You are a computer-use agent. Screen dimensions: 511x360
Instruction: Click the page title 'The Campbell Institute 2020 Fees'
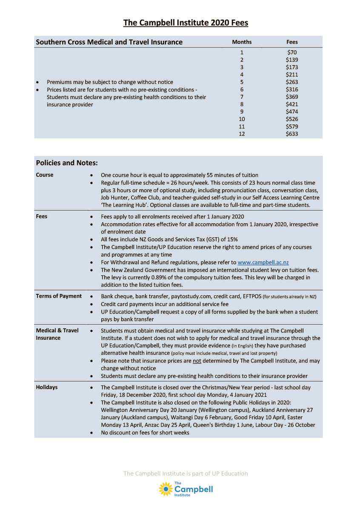pos(186,23)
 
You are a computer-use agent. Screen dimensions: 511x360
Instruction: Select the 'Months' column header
pos(242,42)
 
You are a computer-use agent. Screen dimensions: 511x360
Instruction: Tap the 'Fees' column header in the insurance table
pos(292,42)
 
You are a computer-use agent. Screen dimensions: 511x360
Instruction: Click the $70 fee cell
pos(292,52)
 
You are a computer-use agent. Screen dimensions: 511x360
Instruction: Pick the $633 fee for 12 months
pos(292,134)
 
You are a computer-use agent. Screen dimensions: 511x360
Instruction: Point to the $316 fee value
pos(292,89)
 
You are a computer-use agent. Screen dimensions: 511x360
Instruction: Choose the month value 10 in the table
pos(242,119)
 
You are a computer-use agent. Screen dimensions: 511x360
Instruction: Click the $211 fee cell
pos(292,75)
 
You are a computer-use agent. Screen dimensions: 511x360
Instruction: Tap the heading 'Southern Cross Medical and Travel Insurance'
pos(109,42)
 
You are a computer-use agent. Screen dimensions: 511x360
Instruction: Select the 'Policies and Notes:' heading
pos(67,163)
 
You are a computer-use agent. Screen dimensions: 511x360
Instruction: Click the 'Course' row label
pos(45,175)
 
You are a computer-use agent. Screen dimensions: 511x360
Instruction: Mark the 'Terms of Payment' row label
pos(59,296)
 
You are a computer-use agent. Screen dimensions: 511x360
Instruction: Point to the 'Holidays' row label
pos(47,388)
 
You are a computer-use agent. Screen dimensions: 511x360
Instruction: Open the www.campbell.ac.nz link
pos(263,263)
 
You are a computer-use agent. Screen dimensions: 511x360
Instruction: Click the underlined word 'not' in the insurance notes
pos(197,361)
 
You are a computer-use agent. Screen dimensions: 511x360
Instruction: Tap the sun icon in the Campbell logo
pos(166,489)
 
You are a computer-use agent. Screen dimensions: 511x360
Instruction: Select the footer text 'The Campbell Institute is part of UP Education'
pos(186,474)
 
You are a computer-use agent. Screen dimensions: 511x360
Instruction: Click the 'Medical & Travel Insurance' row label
pos(57,334)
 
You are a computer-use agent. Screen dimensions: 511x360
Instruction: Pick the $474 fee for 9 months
pos(292,112)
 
